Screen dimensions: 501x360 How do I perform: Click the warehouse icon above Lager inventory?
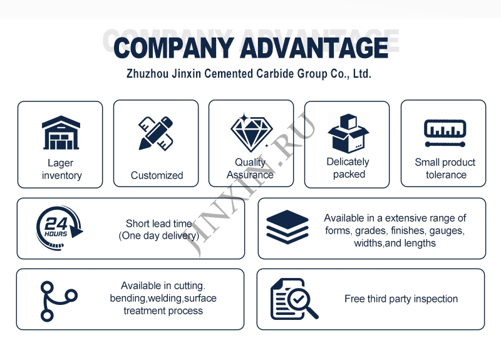(61, 133)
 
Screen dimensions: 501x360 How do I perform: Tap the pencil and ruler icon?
(155, 133)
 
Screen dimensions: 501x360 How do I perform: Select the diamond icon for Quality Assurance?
(252, 133)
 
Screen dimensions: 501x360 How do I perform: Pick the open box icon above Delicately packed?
(348, 133)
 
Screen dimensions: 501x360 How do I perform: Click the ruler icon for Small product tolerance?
(445, 133)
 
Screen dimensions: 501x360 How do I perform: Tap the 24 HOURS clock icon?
(59, 228)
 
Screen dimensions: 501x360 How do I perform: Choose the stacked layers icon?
(287, 227)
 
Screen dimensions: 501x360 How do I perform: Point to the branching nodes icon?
(59, 301)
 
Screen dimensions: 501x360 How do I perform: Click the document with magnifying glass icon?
(294, 299)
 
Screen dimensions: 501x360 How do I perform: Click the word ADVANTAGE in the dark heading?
(314, 48)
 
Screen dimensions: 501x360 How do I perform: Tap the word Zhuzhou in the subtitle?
(148, 74)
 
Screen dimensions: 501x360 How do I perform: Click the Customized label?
(157, 175)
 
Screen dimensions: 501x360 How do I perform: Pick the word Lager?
(60, 163)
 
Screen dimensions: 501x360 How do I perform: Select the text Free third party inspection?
(401, 299)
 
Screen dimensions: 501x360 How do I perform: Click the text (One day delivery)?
(159, 236)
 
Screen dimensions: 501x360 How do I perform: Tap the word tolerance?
(446, 175)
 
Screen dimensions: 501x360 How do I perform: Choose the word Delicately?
(348, 162)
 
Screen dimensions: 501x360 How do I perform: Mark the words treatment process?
(163, 311)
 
